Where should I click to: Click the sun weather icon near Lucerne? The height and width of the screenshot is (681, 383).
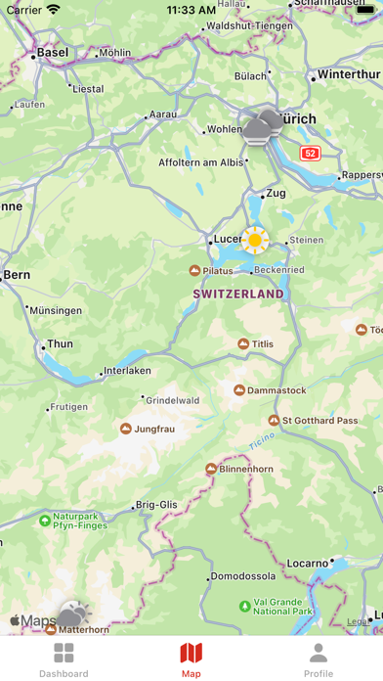[x=255, y=239]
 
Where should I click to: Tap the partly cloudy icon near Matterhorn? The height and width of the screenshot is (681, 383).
[x=71, y=615]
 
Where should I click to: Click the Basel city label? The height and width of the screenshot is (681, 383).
[x=53, y=52]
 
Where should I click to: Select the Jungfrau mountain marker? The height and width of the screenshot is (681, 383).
[x=125, y=429]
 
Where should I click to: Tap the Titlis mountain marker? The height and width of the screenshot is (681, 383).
[x=243, y=343]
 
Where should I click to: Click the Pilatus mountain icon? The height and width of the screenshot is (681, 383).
[x=194, y=270]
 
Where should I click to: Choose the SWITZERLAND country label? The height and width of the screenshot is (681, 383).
[x=239, y=294]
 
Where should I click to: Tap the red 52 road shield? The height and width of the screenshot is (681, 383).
[x=310, y=153]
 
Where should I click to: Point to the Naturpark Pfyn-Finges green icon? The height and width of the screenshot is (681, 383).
[x=44, y=521]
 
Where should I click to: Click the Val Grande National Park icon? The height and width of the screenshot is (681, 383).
[x=243, y=606]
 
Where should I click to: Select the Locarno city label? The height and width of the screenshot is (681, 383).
[x=309, y=565]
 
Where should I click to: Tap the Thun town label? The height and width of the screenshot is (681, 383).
[x=60, y=344]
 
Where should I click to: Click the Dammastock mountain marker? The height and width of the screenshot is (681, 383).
[x=239, y=390]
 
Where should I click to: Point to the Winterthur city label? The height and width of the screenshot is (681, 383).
[x=347, y=74]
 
